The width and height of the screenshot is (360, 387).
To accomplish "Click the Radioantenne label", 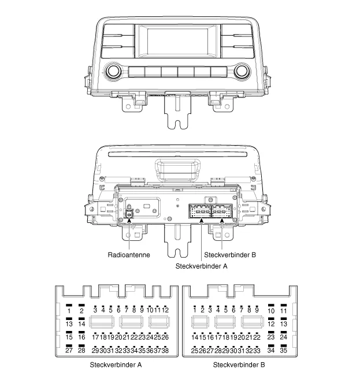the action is [x=129, y=255].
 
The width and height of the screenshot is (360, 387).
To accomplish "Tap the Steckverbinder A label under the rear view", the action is [x=201, y=266].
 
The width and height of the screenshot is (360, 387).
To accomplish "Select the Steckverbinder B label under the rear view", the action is [x=230, y=255].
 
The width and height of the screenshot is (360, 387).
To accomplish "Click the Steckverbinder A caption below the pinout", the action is [x=116, y=365].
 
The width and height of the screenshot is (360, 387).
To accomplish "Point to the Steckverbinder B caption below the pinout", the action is [x=239, y=365].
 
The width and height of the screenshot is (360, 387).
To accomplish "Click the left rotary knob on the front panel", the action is [x=114, y=72].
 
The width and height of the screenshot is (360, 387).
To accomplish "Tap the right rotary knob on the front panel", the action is [x=242, y=72].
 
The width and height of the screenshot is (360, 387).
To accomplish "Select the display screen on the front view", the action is [x=177, y=40].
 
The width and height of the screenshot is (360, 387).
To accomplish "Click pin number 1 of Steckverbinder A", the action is [x=69, y=311].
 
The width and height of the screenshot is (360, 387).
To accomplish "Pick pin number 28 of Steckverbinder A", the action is [x=81, y=350].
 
